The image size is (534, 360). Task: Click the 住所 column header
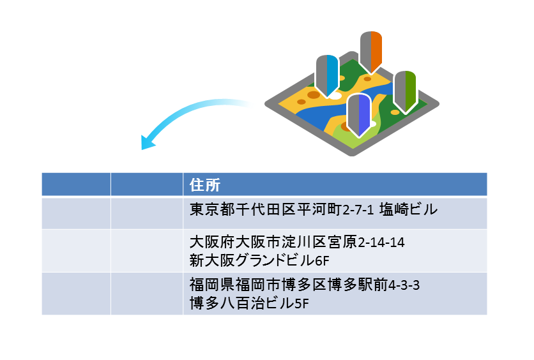tap(205, 185)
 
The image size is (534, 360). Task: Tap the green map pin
tap(405, 89)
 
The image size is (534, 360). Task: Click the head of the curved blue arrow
tap(147, 144)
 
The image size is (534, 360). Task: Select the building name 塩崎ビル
tap(409, 209)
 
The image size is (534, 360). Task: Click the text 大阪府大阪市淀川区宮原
tap(274, 243)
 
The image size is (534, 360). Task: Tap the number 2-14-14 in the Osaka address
tap(382, 244)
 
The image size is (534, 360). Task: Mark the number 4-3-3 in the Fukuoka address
tap(404, 285)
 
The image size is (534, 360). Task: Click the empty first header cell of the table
tap(76, 184)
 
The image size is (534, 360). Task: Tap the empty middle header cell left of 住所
tap(147, 184)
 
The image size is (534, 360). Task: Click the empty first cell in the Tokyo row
tap(76, 213)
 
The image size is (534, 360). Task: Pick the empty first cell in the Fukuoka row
tap(76, 294)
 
